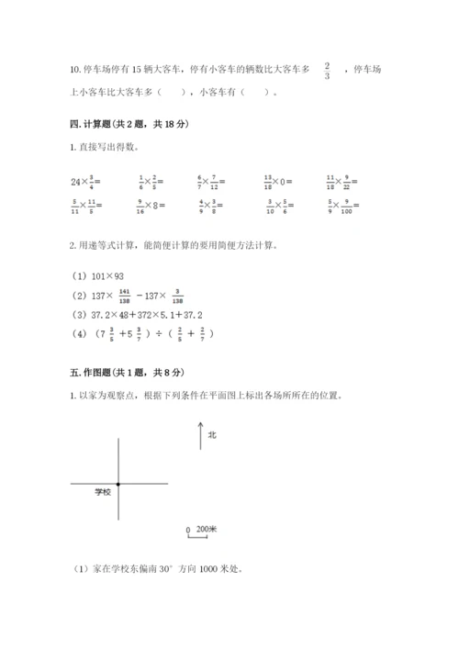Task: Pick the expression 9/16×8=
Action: click(151, 206)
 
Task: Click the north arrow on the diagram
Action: click(198, 434)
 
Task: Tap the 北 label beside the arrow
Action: click(211, 434)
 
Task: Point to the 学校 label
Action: click(102, 493)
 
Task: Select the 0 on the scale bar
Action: click(187, 531)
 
